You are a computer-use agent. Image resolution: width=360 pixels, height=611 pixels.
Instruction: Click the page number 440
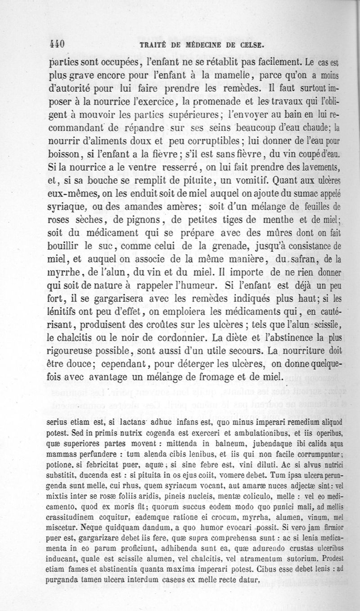coord(57,44)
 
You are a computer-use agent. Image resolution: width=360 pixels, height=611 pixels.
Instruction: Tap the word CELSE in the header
coord(250,45)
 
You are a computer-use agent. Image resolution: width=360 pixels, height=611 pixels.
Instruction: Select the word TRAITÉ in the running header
coord(154,45)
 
